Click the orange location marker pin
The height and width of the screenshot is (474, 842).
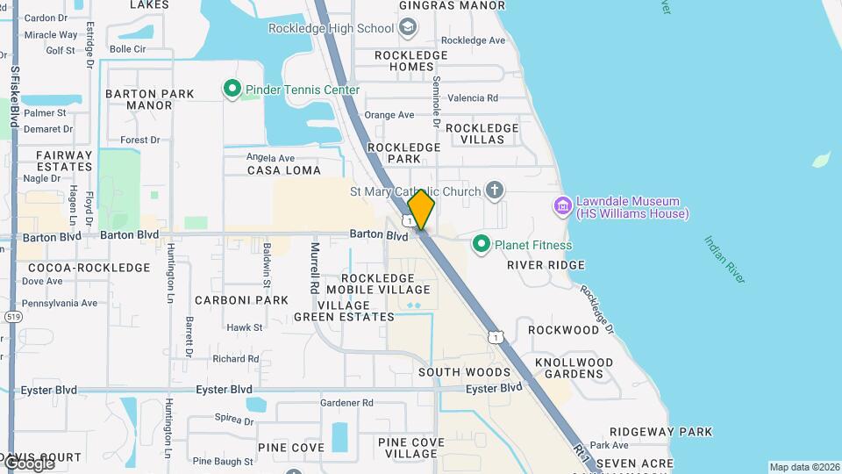click(421, 209)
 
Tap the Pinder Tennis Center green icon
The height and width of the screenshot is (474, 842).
click(232, 90)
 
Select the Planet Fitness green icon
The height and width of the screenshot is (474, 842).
click(481, 244)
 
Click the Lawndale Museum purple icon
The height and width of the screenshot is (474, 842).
click(562, 207)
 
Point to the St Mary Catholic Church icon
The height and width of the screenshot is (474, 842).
click(495, 190)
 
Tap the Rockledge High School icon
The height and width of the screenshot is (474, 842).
click(407, 28)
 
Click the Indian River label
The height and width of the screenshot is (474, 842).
click(724, 258)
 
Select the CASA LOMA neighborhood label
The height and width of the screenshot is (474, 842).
click(284, 170)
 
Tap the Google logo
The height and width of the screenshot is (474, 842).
click(28, 463)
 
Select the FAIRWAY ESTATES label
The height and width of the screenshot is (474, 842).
click(64, 161)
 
